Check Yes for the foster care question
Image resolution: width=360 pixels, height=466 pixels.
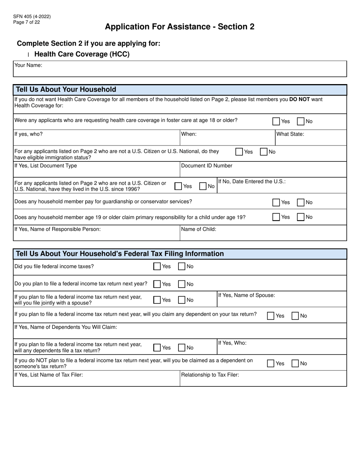pos(276,122)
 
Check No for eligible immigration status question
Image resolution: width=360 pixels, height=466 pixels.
pos(264,152)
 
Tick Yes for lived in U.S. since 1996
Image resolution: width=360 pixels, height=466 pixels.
pos(178,186)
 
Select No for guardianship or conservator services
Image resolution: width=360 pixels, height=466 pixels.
pos(301,202)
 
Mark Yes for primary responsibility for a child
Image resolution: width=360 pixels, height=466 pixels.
pos(276,217)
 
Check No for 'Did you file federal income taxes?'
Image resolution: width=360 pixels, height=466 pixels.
pos(182,267)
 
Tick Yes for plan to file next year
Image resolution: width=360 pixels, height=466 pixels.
pos(157,284)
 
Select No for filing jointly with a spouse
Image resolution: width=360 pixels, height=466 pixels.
pos(182,300)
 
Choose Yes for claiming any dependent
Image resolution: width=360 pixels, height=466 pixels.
pos(271,316)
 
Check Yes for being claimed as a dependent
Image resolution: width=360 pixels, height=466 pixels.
pos(271,364)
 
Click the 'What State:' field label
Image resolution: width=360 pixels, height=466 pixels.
pos(290,134)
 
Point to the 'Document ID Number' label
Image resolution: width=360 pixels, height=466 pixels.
pos(207,166)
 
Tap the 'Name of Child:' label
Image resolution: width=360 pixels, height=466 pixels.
pos(199,229)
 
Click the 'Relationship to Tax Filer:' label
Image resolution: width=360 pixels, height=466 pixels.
pos(210,375)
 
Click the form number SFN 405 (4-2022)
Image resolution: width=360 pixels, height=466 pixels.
pos(32,17)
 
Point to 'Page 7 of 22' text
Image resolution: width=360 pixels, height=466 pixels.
pos(27,22)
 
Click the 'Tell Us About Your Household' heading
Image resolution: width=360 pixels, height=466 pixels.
pos(66,90)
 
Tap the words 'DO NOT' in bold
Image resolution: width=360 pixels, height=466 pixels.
pos(299,99)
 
